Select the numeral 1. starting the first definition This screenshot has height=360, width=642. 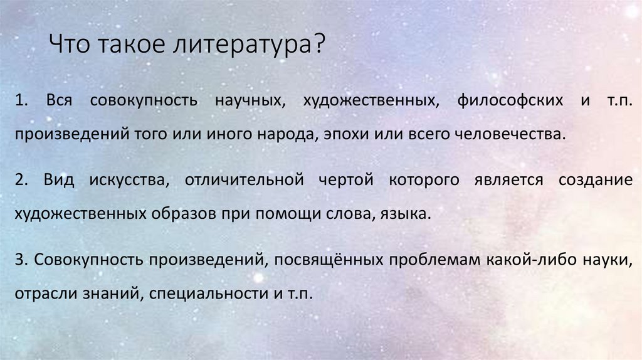[23, 101]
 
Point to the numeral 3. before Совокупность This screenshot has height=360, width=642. [22, 260]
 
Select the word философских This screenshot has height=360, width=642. [506, 101]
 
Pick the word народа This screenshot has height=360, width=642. [290, 134]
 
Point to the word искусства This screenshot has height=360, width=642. [124, 181]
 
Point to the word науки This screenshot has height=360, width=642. [606, 260]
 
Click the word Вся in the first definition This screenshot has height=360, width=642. [59, 101]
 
